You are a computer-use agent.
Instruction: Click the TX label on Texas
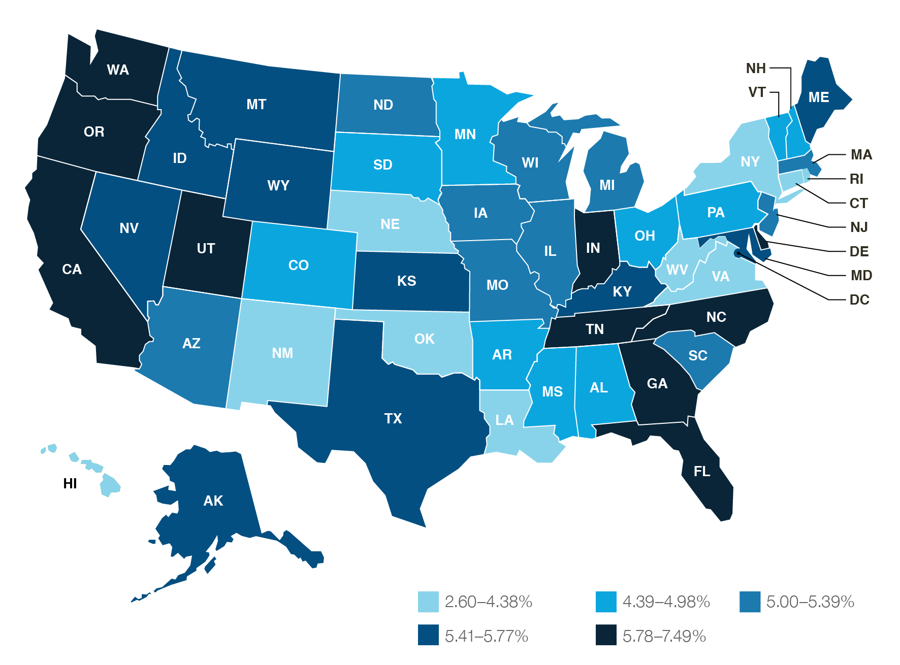[x=393, y=418]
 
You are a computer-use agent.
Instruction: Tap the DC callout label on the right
[x=859, y=300]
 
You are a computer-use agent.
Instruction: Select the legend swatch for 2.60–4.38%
[x=428, y=602]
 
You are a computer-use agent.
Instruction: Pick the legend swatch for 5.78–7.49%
[x=606, y=635]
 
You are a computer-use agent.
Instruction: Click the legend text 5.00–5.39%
[x=810, y=602]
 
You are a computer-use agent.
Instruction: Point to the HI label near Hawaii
[x=70, y=483]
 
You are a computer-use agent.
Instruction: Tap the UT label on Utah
[x=206, y=248]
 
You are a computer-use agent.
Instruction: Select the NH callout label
[x=756, y=68]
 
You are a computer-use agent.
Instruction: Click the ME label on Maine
[x=819, y=97]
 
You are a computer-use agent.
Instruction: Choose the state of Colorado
[x=299, y=265]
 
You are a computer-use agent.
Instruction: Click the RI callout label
[x=856, y=179]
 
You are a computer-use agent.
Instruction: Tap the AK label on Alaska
[x=213, y=501]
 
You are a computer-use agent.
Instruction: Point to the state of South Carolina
[x=697, y=355]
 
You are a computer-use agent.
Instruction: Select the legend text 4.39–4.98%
[x=666, y=602]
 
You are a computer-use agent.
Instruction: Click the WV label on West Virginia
[x=677, y=270]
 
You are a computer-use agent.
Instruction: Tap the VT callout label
[x=757, y=92]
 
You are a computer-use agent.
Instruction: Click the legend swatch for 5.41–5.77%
[x=428, y=635]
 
